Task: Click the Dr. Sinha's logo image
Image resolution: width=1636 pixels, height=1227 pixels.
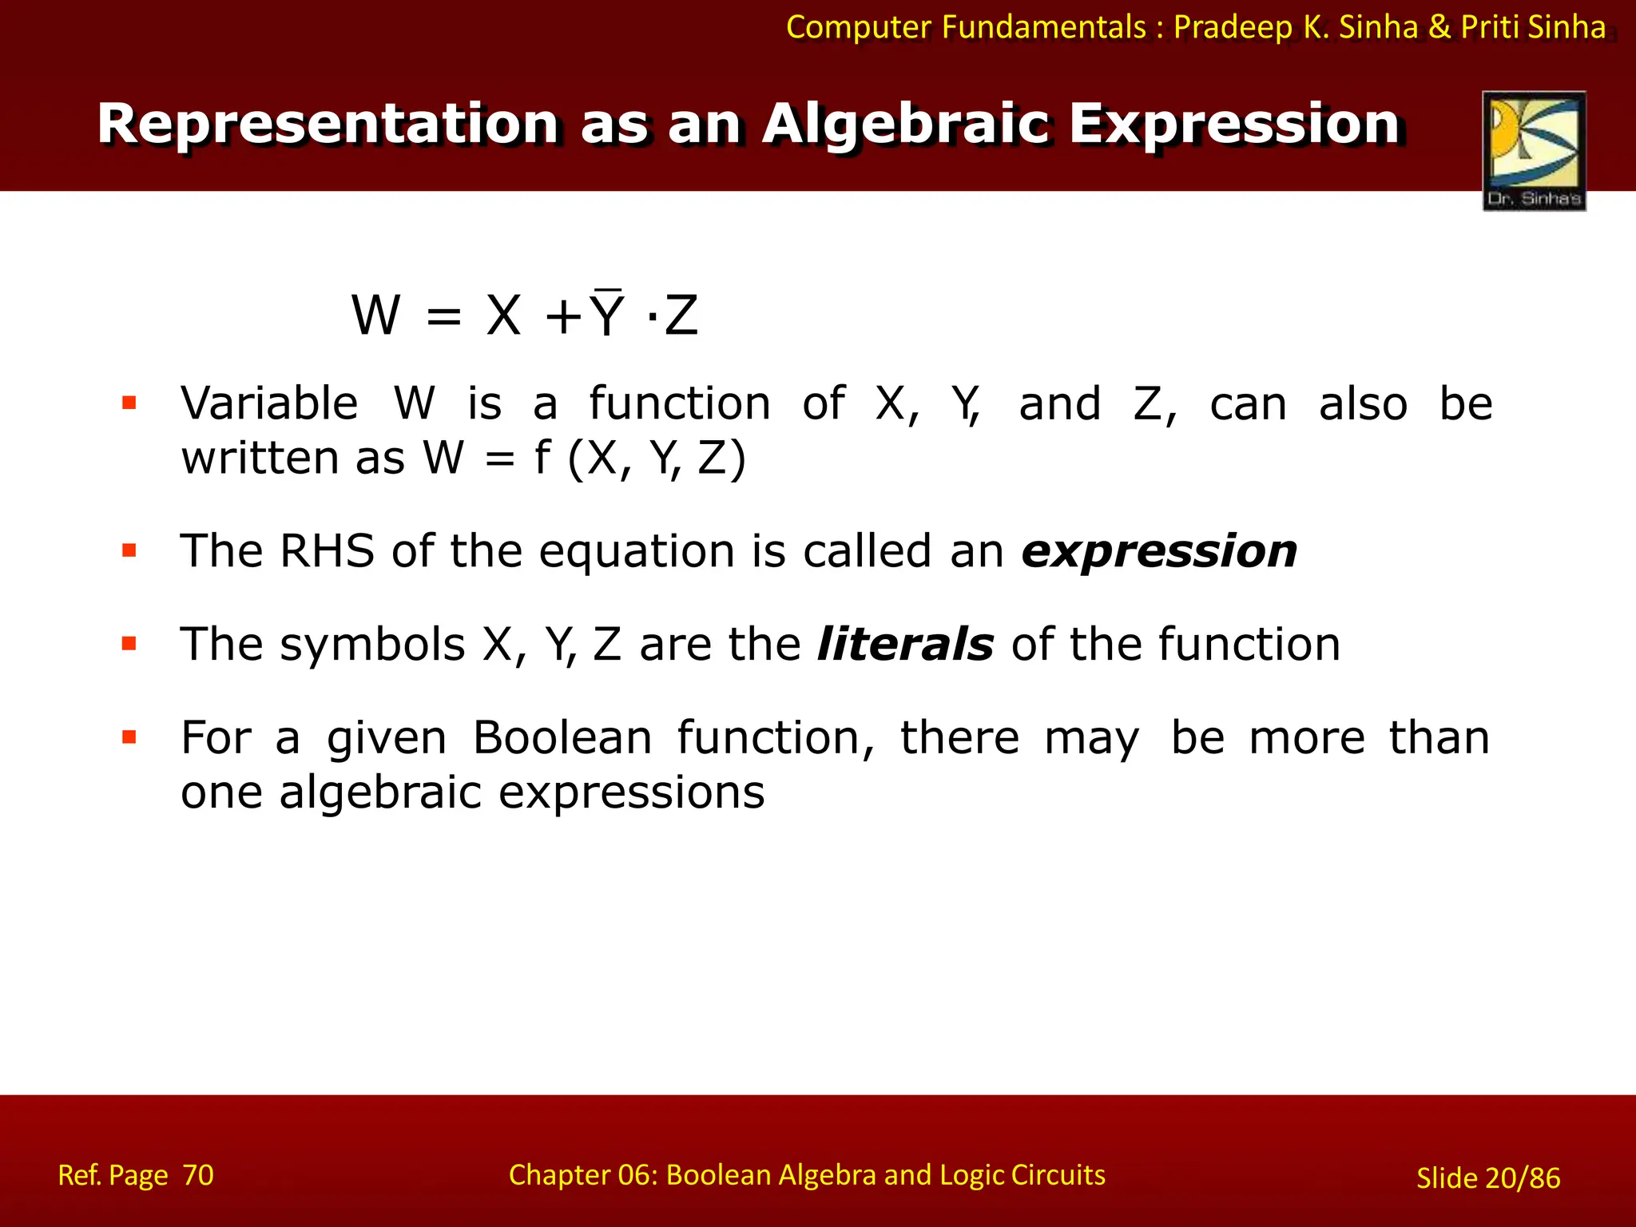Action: coord(1534,150)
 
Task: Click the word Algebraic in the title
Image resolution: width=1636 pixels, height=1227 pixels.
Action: coord(905,125)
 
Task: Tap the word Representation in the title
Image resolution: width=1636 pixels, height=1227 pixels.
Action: coord(328,125)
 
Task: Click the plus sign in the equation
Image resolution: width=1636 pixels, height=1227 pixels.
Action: coord(562,316)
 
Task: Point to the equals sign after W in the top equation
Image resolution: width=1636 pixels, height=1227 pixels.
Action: coord(444,316)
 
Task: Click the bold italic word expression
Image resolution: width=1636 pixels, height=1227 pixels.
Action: coord(1159,552)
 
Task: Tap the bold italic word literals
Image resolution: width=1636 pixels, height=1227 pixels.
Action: coord(905,645)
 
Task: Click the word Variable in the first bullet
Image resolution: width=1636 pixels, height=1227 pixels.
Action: coord(269,403)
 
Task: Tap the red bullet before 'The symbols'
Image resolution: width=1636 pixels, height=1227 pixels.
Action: coord(129,644)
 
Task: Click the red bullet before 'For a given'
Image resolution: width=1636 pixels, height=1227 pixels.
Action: coord(129,737)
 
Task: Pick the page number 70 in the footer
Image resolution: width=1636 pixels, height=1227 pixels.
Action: coord(198,1175)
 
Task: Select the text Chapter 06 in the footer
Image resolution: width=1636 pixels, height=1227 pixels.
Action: coord(582,1175)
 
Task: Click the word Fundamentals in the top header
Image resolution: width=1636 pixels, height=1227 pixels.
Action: coord(1044,28)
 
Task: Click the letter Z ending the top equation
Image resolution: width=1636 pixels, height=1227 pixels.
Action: coord(681,316)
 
